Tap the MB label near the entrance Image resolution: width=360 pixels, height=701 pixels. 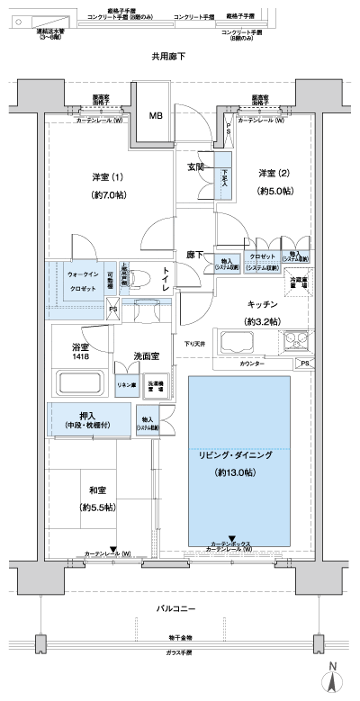156,116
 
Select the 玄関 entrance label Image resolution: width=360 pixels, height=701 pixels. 195,166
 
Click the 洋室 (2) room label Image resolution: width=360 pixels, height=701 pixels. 273,173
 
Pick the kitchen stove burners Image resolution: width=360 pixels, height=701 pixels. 296,343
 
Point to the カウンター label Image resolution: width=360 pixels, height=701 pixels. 251,363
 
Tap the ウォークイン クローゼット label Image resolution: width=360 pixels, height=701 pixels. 83,279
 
